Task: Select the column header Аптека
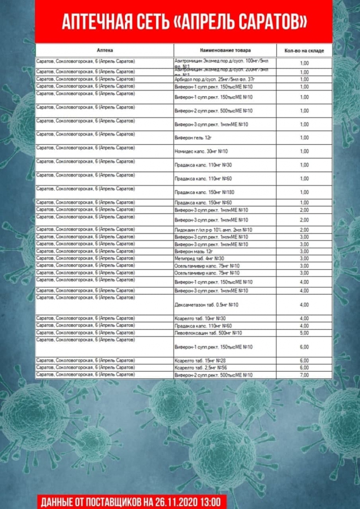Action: (105, 50)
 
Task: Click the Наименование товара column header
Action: (225, 50)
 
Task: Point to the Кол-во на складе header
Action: (304, 50)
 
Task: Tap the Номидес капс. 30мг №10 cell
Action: (201, 152)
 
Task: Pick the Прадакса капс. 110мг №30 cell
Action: (203, 165)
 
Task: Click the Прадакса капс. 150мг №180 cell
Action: (204, 192)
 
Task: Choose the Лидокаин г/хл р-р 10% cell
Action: (213, 230)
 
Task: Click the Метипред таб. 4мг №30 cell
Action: (199, 258)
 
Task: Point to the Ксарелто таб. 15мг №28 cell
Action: (200, 360)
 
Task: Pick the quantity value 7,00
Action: (304, 375)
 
